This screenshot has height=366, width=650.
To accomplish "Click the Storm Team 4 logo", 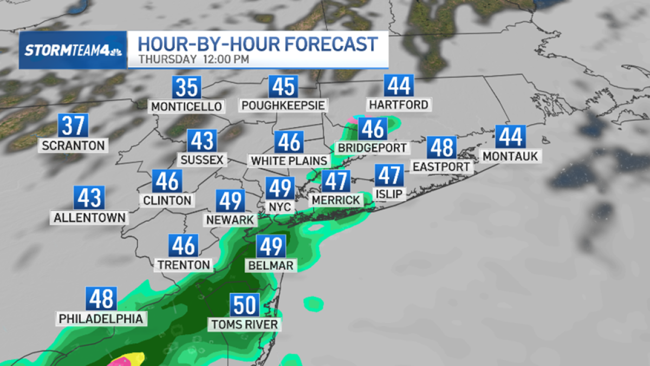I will click(x=73, y=50).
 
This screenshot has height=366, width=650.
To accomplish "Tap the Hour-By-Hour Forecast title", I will click(x=257, y=43).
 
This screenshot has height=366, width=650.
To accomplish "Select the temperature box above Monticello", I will click(x=186, y=87).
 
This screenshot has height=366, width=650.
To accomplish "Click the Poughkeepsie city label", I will click(x=283, y=105).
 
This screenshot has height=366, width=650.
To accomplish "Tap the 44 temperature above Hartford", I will click(x=399, y=86).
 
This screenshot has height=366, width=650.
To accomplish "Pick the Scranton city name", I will click(x=73, y=145).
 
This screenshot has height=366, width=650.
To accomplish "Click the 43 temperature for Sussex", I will click(x=202, y=141).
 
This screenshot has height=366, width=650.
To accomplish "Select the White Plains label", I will click(x=289, y=160).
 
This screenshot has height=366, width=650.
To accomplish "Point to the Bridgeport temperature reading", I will click(x=373, y=129).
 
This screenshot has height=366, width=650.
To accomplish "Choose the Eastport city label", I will click(x=441, y=166).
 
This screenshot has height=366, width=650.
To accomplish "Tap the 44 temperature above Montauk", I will click(x=510, y=137).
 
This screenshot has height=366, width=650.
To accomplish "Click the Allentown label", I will click(x=89, y=217).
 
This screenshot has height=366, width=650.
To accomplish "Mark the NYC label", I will click(x=281, y=207).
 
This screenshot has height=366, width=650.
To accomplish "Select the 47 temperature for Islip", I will click(x=389, y=175).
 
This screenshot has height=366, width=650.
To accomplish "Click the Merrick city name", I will click(x=336, y=200).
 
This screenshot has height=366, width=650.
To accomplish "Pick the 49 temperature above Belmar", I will click(x=271, y=247).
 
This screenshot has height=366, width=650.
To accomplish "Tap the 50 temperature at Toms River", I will click(x=245, y=305).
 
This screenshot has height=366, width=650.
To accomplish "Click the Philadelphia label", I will click(x=101, y=318).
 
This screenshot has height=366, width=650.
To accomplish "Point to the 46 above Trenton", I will click(x=183, y=246).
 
